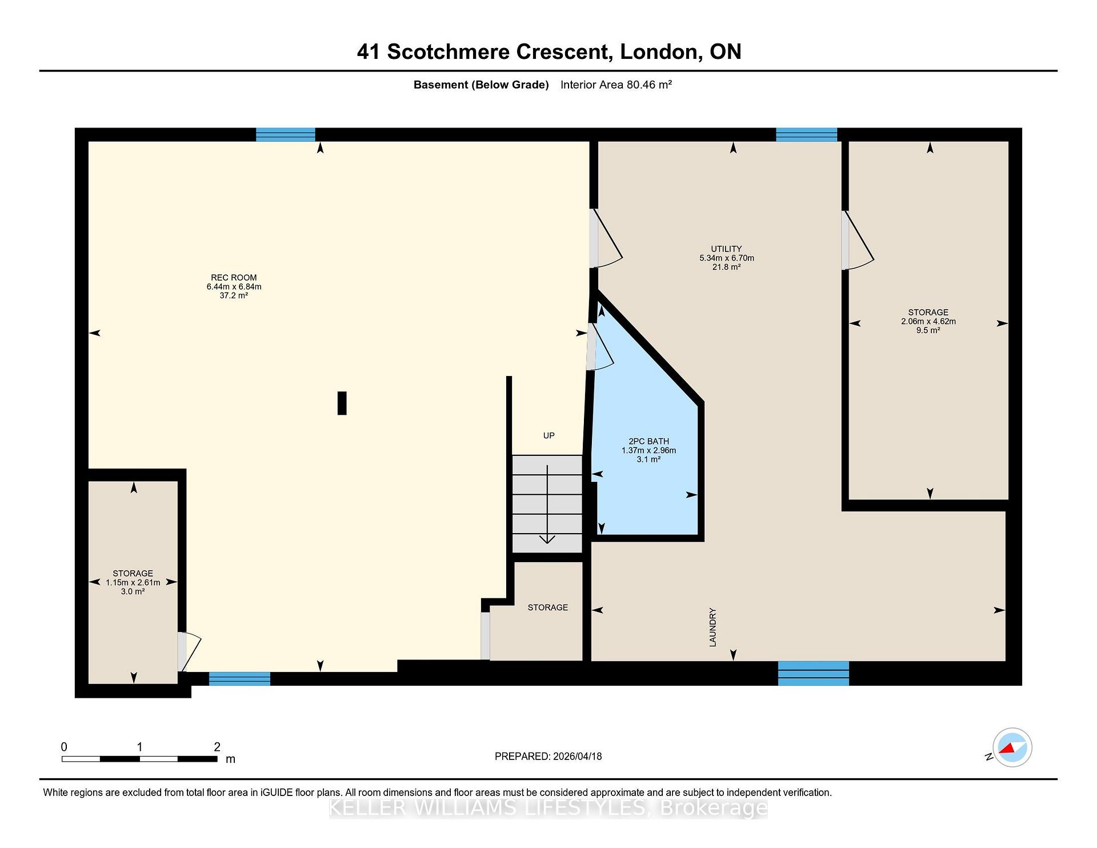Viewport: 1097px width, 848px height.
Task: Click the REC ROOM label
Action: click(x=234, y=278)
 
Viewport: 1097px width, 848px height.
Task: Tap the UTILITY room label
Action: click(x=726, y=249)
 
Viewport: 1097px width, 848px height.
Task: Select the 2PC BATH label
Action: click(x=648, y=441)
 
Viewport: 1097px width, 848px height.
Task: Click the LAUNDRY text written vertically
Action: click(x=712, y=627)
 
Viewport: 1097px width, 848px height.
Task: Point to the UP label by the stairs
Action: click(x=548, y=435)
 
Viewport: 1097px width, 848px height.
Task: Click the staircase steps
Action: click(x=547, y=503)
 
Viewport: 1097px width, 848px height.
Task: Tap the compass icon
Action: click(x=1012, y=747)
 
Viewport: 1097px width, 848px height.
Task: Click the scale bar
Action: click(x=139, y=759)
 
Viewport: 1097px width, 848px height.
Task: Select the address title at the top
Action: click(x=549, y=51)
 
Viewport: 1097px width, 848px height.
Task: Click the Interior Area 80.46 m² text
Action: click(x=616, y=85)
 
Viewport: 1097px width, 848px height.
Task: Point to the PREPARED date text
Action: click(x=548, y=756)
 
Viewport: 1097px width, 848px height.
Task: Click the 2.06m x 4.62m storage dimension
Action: click(x=928, y=321)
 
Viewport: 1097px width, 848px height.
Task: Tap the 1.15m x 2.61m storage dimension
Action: click(x=133, y=582)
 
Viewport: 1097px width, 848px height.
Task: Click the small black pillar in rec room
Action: click(x=342, y=403)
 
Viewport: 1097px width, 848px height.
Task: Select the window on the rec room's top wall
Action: click(x=286, y=135)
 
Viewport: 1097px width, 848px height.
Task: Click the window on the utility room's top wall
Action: click(x=806, y=135)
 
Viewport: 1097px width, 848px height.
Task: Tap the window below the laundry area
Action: click(x=814, y=673)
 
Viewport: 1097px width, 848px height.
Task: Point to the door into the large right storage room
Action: click(x=857, y=240)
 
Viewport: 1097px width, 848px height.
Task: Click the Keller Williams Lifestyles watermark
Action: click(x=548, y=808)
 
